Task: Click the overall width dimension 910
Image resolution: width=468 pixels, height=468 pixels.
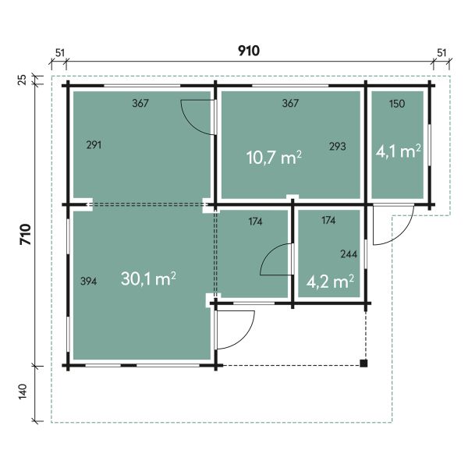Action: (248, 51)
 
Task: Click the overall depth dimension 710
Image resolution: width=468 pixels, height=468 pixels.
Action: (26, 234)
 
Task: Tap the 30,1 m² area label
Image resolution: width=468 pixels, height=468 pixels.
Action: (148, 278)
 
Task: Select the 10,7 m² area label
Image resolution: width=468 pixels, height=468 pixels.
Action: (274, 158)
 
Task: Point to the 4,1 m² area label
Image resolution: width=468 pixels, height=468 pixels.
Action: (398, 151)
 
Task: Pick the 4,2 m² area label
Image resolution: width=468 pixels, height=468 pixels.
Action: (330, 282)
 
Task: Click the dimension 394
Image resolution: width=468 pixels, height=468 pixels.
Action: (88, 281)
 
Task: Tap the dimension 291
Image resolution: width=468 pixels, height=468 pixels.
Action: (94, 145)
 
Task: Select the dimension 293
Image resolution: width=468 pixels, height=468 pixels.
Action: (338, 147)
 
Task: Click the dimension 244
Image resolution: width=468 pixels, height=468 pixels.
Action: (349, 254)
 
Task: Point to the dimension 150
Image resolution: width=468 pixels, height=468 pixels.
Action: (397, 104)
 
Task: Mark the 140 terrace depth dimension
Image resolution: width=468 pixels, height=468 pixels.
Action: (23, 391)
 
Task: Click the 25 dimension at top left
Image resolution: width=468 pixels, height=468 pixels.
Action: (23, 80)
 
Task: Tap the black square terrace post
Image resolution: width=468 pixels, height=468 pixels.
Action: (363, 363)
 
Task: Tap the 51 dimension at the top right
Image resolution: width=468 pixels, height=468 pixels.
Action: (441, 53)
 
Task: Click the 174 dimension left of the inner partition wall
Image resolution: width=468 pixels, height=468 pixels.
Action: (256, 222)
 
